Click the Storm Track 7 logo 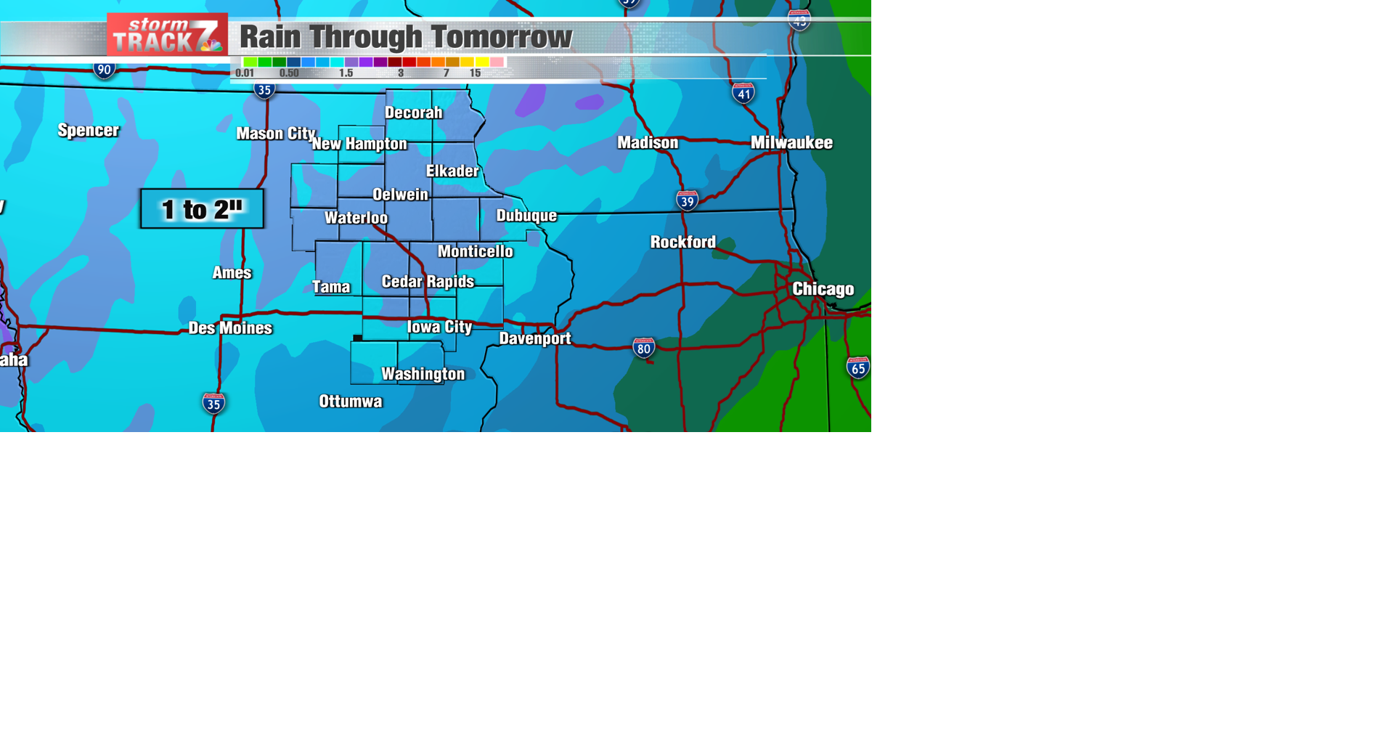tap(167, 35)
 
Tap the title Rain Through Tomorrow tap(406, 37)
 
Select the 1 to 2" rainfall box tap(202, 209)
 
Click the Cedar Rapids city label tap(428, 282)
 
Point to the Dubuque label tap(526, 216)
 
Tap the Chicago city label tap(823, 289)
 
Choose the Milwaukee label tap(791, 142)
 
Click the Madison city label tap(648, 142)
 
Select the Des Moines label tap(230, 328)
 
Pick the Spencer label tap(89, 131)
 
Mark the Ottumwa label tap(351, 402)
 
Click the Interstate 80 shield tap(643, 348)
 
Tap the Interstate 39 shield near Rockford tap(687, 200)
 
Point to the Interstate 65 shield tap(858, 367)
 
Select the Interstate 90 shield tap(105, 70)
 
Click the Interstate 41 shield tap(743, 93)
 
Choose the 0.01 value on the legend tap(245, 73)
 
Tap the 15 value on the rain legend tap(475, 73)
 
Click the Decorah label tap(413, 113)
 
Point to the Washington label tap(423, 374)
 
